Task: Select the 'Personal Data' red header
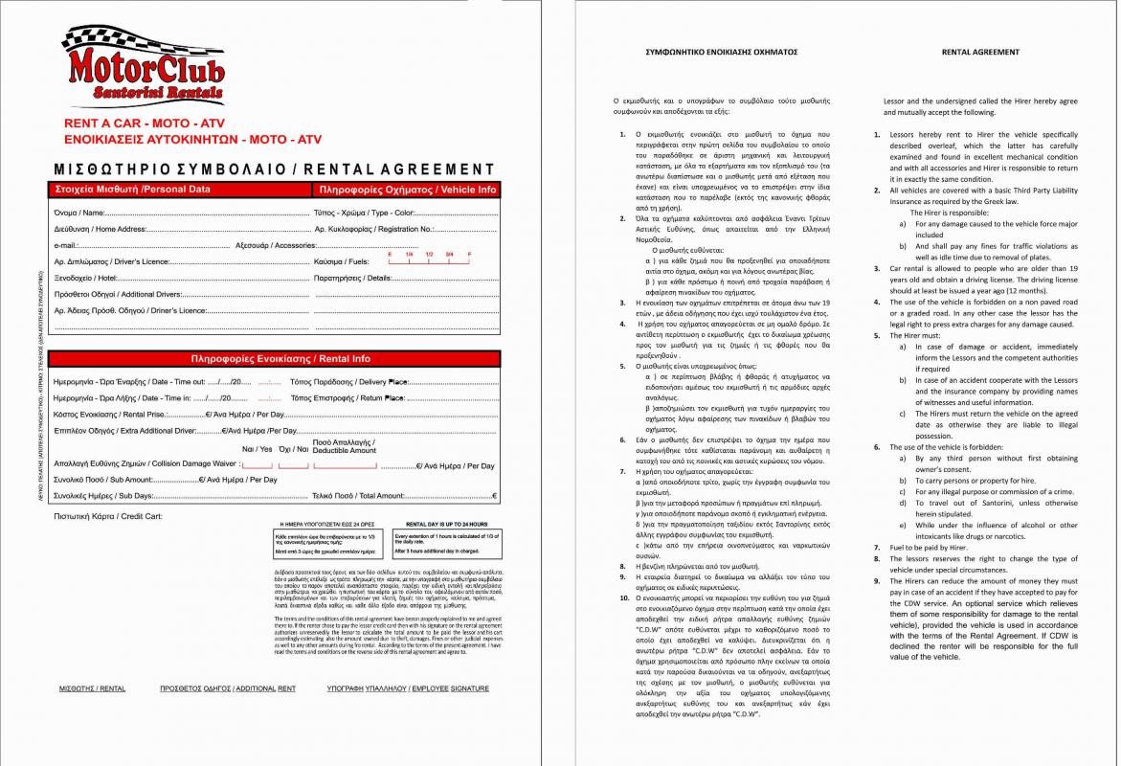tap(133, 190)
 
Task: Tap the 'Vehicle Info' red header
tap(408, 191)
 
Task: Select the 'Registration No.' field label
tap(374, 230)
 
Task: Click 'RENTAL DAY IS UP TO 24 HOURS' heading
tap(446, 525)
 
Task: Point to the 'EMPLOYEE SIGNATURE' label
tap(407, 688)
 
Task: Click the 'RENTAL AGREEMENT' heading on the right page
tap(980, 52)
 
